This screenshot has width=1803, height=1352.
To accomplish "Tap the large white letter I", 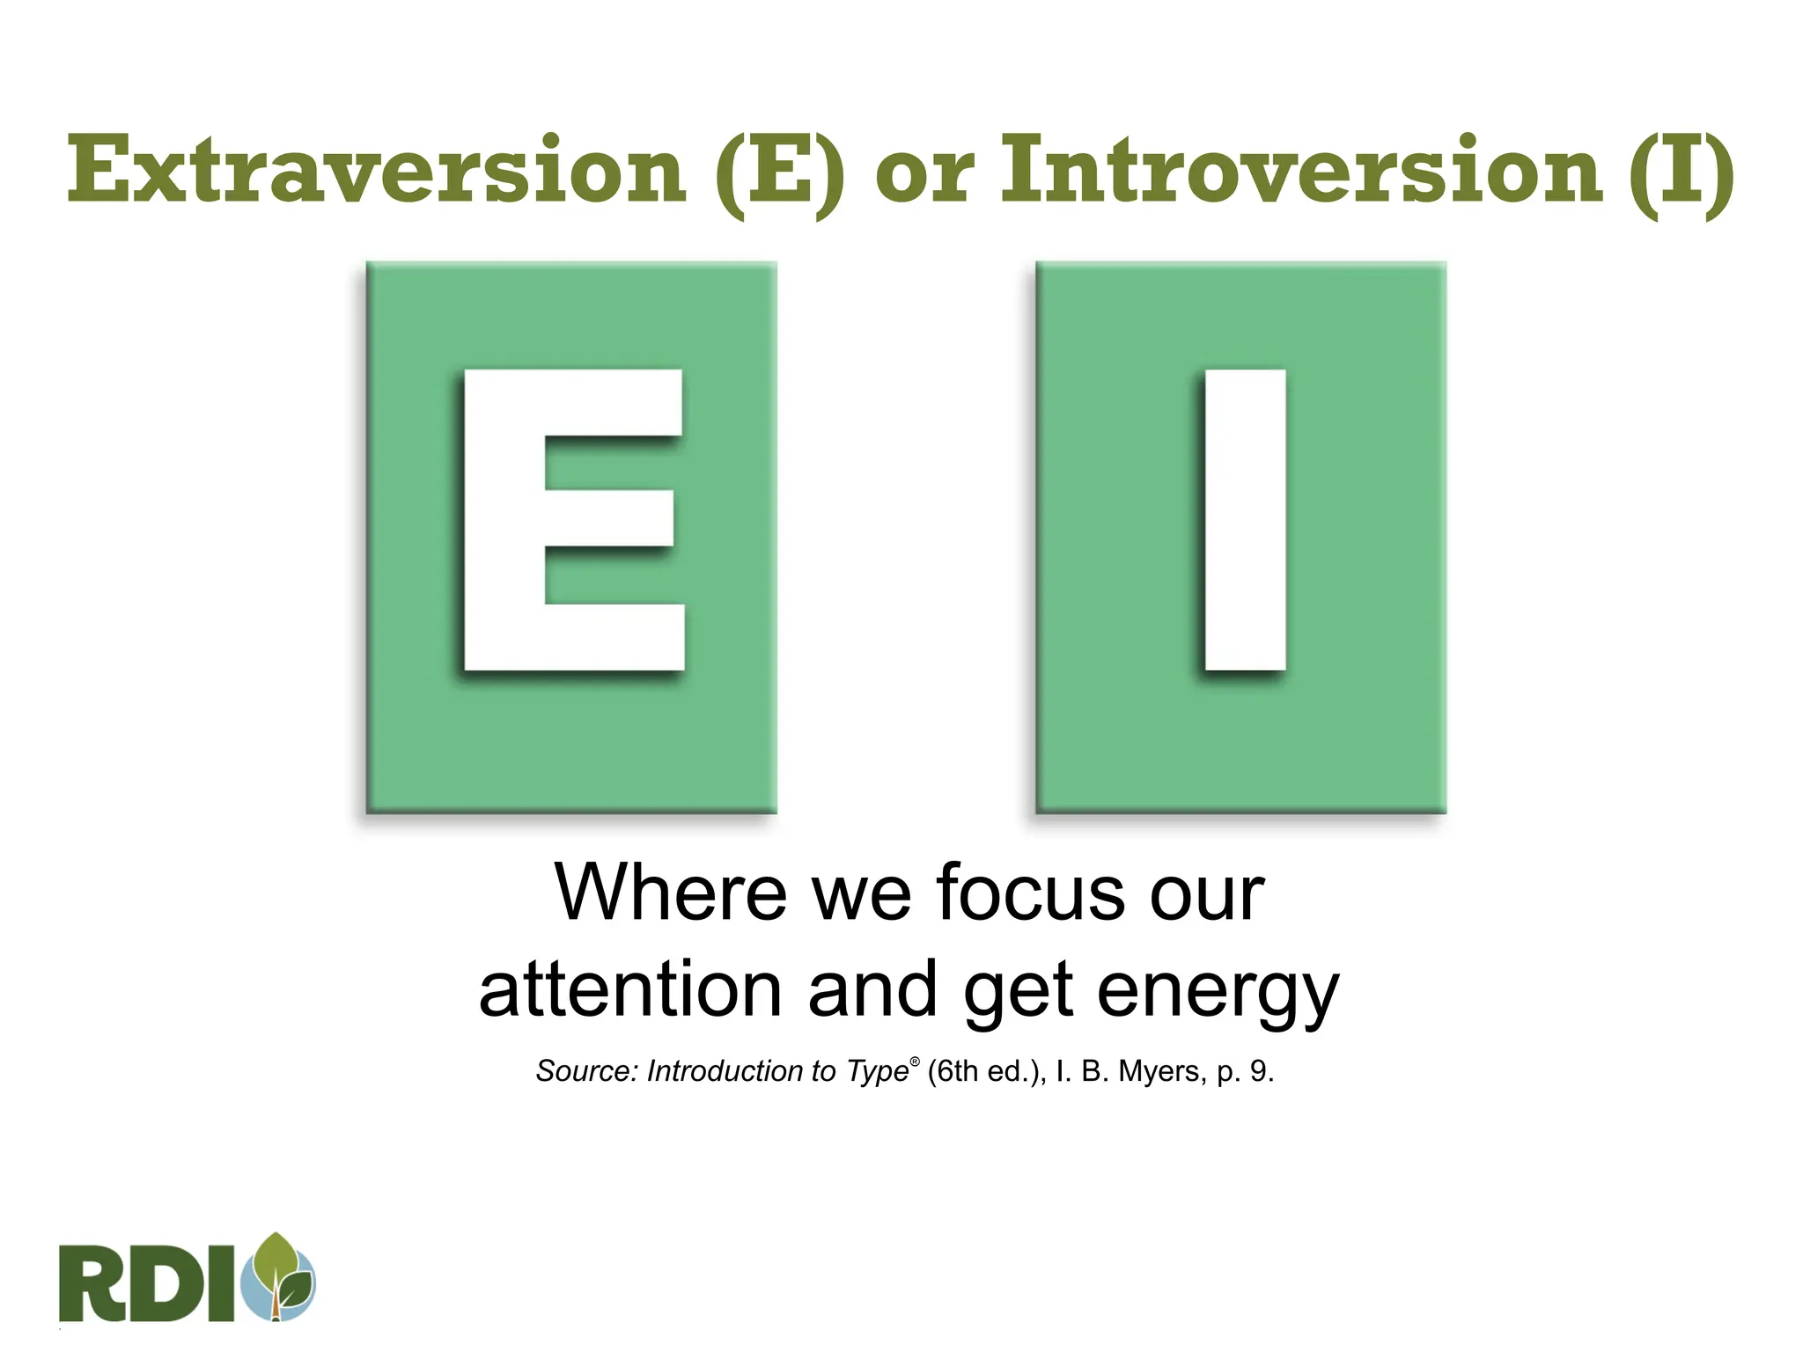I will click(1245, 519).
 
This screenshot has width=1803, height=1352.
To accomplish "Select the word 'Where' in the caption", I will click(670, 893).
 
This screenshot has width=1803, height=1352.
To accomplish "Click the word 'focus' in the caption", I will click(1031, 893).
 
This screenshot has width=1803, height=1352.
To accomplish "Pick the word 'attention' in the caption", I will click(630, 990).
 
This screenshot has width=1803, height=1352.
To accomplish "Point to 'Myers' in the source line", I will click(1159, 1071).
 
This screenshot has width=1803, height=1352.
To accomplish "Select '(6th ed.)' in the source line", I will click(985, 1071).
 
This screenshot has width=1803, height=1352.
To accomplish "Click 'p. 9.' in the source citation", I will click(1245, 1072).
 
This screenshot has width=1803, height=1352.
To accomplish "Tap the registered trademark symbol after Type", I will click(915, 1062).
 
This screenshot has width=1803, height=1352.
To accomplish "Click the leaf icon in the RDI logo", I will click(282, 1276).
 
